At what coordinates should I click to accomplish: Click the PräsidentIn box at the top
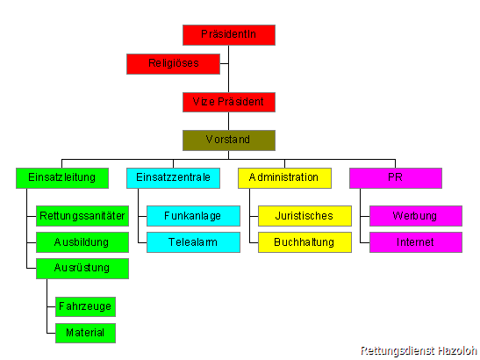pos(229,35)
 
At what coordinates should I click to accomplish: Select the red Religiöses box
pos(173,64)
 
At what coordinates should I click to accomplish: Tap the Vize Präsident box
pos(229,102)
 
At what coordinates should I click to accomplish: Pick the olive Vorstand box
pos(229,140)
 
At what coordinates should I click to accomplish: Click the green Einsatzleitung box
pos(62,178)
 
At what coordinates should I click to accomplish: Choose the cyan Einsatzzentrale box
pos(173,178)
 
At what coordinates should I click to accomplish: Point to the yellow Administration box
pos(284,178)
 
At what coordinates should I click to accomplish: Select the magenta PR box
pos(396,178)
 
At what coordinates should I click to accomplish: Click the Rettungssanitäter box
pos(82,216)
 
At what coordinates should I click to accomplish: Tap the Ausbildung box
pos(82,242)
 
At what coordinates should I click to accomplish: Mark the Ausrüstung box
pos(82,269)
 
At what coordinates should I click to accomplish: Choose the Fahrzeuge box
pos(85,306)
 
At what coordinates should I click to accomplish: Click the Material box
pos(85,333)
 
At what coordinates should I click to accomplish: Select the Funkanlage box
pos(193,216)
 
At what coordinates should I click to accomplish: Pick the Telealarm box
pos(193,242)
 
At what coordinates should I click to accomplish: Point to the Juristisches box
pos(304,216)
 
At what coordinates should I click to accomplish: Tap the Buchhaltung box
pos(304,242)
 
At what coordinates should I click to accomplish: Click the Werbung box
pos(416,216)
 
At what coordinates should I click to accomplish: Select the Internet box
pos(416,242)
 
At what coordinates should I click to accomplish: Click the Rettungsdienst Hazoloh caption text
pos(419,351)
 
